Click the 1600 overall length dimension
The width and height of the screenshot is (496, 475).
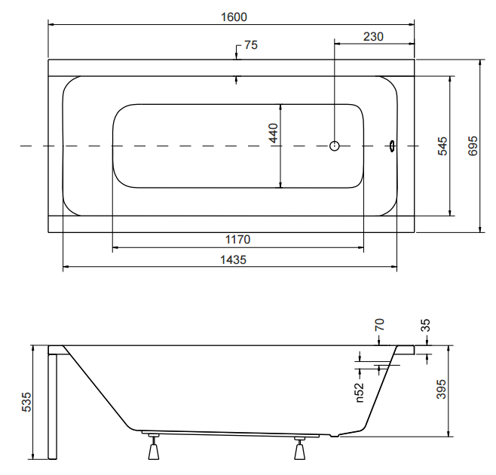tap(234, 17)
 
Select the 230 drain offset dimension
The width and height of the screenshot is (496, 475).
tap(373, 37)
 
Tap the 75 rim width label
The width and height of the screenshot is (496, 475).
tap(251, 45)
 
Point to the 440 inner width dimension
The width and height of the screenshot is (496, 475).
tap(274, 133)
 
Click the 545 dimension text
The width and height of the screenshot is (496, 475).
tap(443, 146)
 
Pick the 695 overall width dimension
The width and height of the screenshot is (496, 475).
tap(473, 146)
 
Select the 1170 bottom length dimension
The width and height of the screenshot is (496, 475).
tap(237, 240)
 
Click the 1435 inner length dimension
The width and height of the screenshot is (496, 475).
tap(233, 260)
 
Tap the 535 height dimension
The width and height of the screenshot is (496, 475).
tap(27, 402)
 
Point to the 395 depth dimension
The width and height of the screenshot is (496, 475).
tap(441, 389)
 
